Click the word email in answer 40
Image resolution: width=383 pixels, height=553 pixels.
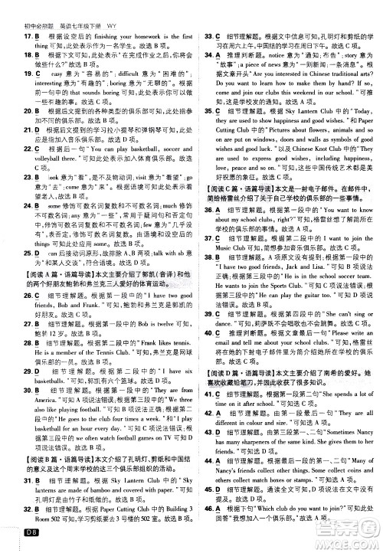tap(215, 356)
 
